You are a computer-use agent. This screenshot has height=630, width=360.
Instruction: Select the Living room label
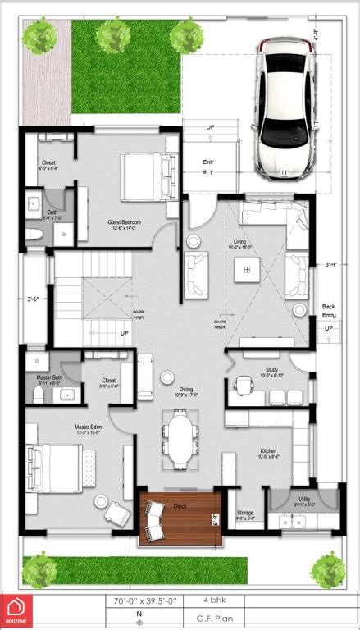click(240, 241)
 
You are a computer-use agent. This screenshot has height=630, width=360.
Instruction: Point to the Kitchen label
click(269, 452)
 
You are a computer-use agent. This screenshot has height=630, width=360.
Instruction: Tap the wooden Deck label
click(180, 506)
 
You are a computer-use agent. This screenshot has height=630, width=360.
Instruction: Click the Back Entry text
click(329, 311)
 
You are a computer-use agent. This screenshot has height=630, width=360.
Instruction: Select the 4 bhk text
click(212, 600)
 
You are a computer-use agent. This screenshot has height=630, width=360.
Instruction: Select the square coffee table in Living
click(244, 269)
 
